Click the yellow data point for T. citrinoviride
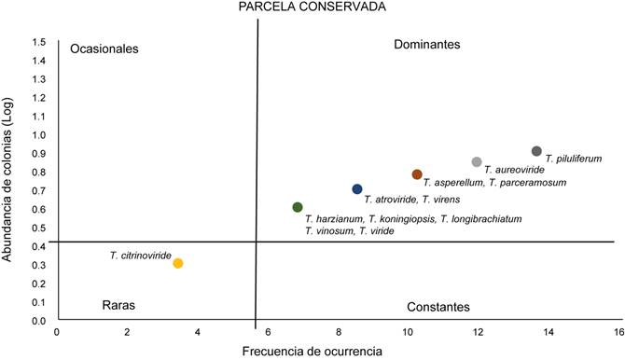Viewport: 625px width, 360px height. [178, 263]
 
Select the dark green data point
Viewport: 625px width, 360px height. [298, 207]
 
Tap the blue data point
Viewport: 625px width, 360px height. [357, 189]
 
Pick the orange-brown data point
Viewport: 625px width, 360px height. [417, 174]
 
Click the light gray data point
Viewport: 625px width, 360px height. [477, 162]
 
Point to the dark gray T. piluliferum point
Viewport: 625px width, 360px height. [536, 151]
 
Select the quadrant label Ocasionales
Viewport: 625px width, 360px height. [104, 48]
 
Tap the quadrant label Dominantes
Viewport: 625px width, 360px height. [427, 44]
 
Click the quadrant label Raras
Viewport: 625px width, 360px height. [117, 305]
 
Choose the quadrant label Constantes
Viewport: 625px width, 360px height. [438, 307]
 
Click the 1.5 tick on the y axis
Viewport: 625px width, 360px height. [39, 42]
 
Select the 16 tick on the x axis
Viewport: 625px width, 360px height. [618, 331]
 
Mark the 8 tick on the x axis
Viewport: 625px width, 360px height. [338, 331]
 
